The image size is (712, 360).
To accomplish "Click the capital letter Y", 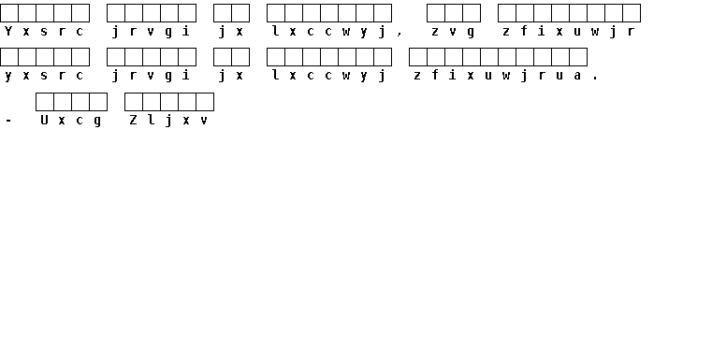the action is click(8, 31).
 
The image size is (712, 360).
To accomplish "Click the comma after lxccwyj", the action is click(400, 34).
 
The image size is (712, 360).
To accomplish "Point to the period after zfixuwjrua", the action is click(595, 79).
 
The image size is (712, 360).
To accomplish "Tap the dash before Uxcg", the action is click(8, 121).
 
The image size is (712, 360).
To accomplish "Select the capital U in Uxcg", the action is click(44, 120).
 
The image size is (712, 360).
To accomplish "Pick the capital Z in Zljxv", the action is click(133, 120).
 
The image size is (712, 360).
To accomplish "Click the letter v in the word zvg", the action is click(453, 31).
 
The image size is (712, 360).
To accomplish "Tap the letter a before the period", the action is click(577, 76).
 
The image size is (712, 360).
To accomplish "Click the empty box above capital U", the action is click(45, 102).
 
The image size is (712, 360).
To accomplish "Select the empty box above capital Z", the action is click(134, 102).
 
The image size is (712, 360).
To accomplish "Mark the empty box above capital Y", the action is click(9, 13).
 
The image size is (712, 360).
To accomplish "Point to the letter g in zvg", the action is click(471, 32).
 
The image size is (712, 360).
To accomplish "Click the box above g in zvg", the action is click(472, 13).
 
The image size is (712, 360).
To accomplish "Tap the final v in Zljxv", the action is click(204, 121).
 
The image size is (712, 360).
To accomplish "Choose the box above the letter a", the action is click(578, 57).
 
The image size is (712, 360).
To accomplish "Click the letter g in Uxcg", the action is click(97, 122).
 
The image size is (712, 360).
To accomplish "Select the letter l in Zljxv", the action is click(151, 120).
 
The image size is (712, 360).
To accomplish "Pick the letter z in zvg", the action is click(435, 31).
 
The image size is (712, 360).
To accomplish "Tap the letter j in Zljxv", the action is click(168, 121).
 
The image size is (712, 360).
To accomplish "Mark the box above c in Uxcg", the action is click(80, 102).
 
